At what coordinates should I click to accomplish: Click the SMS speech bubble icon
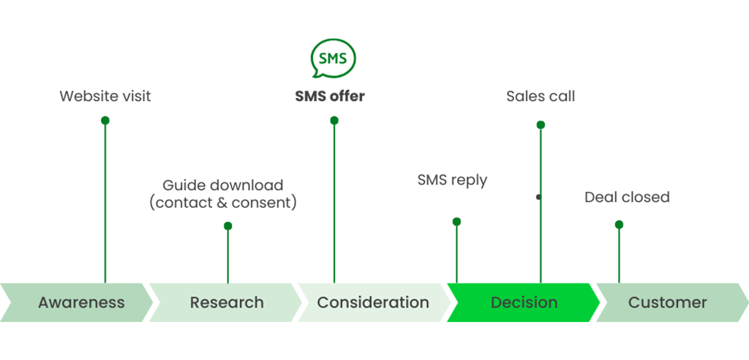click(334, 59)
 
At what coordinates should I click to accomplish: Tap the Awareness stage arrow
click(76, 302)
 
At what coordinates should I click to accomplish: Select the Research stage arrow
click(225, 302)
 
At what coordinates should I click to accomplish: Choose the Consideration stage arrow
click(374, 302)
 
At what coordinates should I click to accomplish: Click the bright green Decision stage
click(524, 302)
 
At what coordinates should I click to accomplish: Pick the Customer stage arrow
click(673, 302)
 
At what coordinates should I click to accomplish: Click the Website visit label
click(105, 96)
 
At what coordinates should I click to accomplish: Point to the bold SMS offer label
click(330, 96)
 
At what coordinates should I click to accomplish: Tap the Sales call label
click(541, 96)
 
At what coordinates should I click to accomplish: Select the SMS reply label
click(452, 180)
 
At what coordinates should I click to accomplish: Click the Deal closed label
click(627, 197)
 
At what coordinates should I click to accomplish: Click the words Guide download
click(223, 185)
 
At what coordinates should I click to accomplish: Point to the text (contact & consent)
click(223, 203)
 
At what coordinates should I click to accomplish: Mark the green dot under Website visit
click(105, 121)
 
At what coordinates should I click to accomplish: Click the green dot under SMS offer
click(334, 121)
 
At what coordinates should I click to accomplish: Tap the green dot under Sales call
click(541, 125)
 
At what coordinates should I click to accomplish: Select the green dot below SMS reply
click(456, 222)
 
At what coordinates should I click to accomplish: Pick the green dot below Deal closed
click(619, 224)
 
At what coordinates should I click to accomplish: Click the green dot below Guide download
click(228, 225)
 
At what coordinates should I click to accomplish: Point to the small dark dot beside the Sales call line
click(538, 197)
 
